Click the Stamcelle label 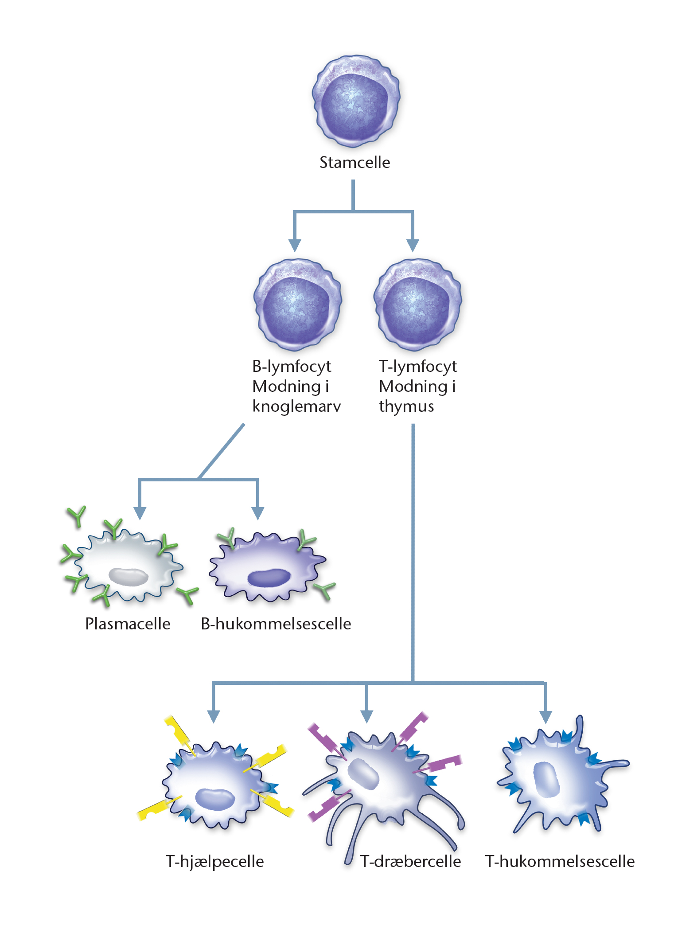(355, 162)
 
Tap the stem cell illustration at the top (356, 101)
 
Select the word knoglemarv (296, 406)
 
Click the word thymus (406, 406)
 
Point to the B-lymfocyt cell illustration (297, 305)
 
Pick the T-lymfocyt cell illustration (417, 305)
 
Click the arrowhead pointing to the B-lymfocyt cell (295, 245)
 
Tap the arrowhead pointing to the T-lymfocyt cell (413, 245)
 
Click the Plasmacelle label (128, 624)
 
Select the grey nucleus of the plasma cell (129, 577)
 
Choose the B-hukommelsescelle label (276, 624)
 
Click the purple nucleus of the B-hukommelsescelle (269, 578)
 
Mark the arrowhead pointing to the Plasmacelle (140, 513)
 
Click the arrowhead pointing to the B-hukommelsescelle (257, 513)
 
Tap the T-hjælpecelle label (214, 861)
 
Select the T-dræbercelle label (410, 861)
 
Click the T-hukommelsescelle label (560, 861)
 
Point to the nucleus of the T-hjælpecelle (215, 799)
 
